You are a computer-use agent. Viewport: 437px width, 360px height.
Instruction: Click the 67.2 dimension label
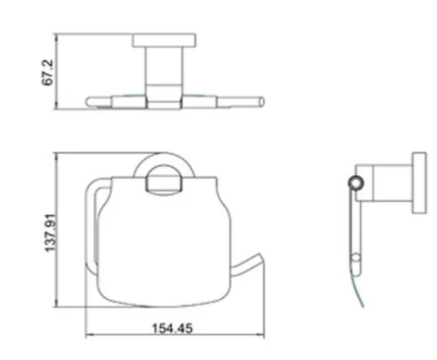click(48, 72)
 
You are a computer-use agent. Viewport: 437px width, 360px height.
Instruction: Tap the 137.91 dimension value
click(50, 232)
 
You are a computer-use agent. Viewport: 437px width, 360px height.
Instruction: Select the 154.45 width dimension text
click(172, 328)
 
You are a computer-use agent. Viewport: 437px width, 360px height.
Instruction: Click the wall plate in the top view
click(164, 40)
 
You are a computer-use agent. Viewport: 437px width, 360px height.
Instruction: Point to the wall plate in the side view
click(419, 183)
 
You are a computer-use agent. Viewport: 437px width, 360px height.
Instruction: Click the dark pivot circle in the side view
click(356, 183)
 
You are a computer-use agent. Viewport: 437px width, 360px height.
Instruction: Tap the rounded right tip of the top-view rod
click(261, 102)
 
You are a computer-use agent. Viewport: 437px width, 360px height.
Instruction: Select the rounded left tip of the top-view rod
click(89, 102)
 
